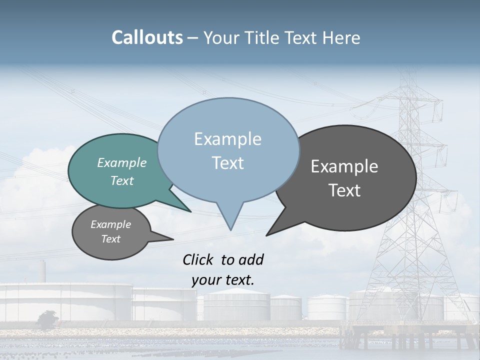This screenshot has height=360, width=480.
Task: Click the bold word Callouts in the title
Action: [x=147, y=37]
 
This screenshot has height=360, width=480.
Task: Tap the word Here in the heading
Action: [x=341, y=37]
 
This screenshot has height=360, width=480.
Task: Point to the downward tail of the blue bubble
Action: [x=230, y=225]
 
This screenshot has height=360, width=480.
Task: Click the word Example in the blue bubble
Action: [x=227, y=139]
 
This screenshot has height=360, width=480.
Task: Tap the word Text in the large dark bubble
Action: [x=344, y=190]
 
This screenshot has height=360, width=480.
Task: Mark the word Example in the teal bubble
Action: [x=121, y=162]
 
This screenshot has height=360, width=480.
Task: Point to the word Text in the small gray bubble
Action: [x=110, y=239]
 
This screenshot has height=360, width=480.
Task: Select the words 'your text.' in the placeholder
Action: [x=222, y=280]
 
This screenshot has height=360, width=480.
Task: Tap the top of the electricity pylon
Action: [x=409, y=75]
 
